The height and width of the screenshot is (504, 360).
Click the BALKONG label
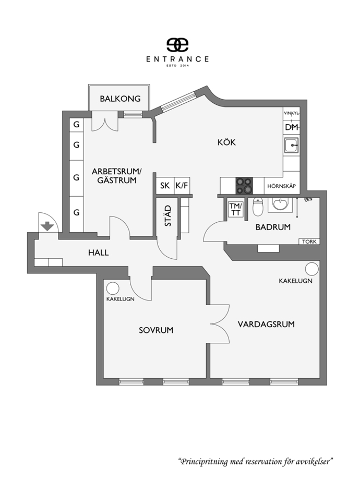click(120, 99)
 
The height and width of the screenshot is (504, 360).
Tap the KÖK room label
click(226, 142)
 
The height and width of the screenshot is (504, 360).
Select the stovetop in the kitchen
click(244, 186)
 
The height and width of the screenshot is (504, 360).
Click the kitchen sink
click(291, 145)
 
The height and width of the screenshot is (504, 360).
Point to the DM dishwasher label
click(292, 127)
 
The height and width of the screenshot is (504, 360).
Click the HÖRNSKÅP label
click(282, 186)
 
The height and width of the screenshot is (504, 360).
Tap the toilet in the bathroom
click(258, 207)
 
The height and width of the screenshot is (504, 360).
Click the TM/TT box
click(236, 209)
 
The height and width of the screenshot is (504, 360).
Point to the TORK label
click(309, 242)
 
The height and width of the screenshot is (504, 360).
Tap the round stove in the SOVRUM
click(113, 289)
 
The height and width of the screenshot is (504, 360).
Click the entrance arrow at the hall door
click(47, 226)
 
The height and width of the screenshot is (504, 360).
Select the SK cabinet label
click(165, 185)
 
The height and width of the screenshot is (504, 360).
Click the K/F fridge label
click(182, 185)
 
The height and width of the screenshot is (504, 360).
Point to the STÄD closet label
click(168, 215)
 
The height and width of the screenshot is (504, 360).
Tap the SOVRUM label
click(156, 330)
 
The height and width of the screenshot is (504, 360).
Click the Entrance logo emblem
click(177, 45)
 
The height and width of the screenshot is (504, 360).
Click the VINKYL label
click(292, 113)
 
